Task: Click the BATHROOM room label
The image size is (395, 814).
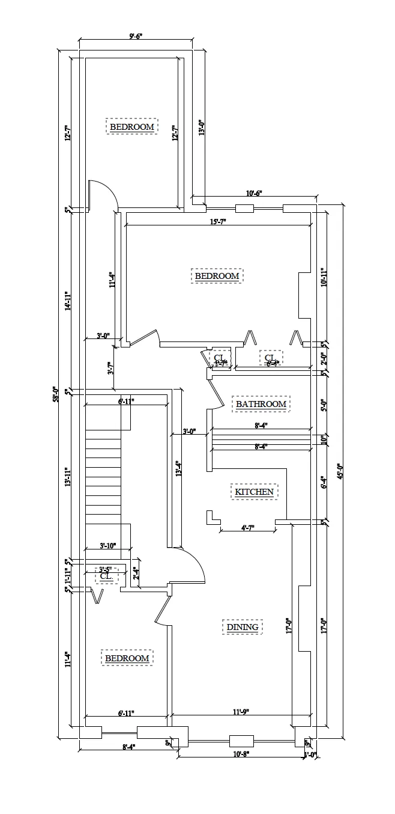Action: [261, 404]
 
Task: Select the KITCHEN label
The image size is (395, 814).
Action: [254, 492]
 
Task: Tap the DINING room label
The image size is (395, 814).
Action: [243, 627]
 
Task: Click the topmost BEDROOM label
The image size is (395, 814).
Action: [131, 127]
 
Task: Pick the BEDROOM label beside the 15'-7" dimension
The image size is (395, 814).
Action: [217, 276]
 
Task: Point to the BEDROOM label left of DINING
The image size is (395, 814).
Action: [127, 658]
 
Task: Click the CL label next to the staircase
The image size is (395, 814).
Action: [106, 576]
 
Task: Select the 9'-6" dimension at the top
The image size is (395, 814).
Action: [135, 36]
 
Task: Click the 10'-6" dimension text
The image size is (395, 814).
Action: [254, 193]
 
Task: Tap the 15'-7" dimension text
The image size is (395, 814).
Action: [217, 222]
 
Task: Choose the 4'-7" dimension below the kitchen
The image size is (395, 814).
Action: [247, 528]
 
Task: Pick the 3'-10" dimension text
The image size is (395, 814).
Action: [107, 546]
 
